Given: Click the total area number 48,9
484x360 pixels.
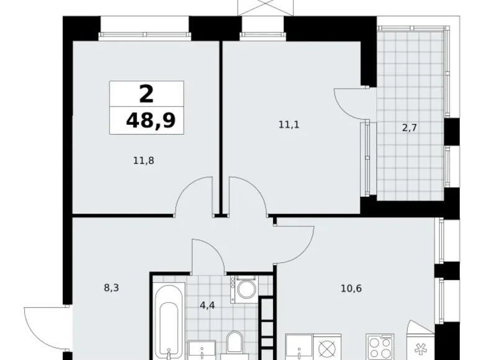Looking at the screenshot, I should point(150,120).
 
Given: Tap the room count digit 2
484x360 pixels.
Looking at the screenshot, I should point(146,94).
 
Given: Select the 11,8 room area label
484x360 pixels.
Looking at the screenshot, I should point(143,160).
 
